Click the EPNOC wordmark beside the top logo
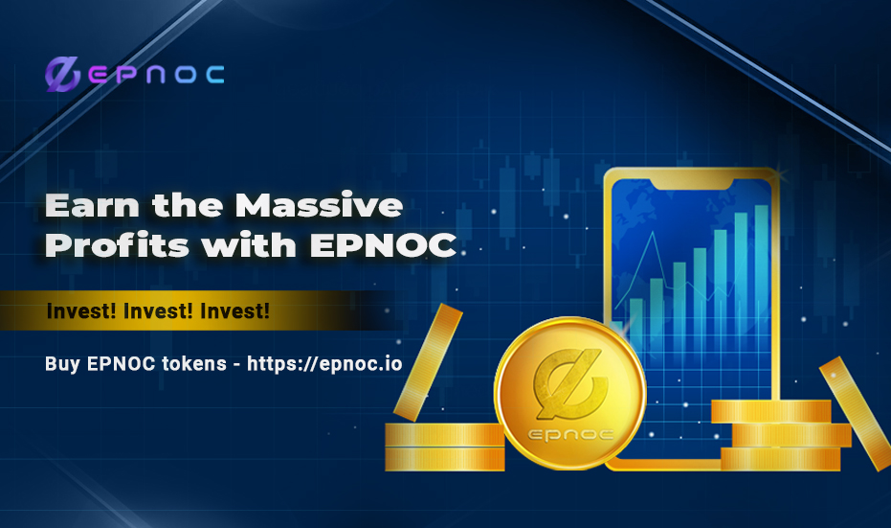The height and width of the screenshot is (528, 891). click(x=155, y=75)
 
